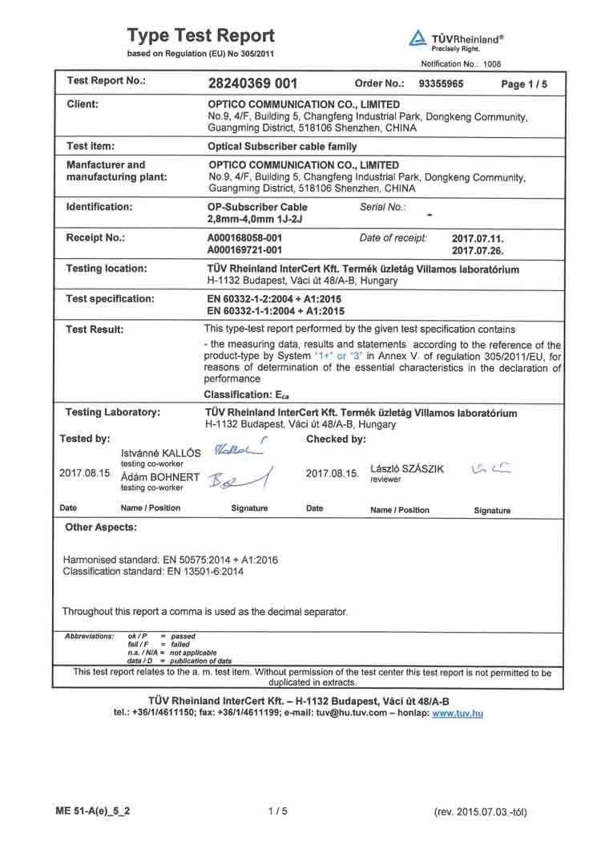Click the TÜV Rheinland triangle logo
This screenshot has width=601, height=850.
417,38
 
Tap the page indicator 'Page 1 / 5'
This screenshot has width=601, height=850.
524,83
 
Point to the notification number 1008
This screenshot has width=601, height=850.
498,63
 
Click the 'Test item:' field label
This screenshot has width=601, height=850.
91,147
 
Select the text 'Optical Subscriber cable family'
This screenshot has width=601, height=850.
282,148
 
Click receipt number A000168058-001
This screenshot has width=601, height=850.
244,238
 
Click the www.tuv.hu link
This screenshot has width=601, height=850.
458,713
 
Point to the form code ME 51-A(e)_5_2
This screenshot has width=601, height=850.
94,811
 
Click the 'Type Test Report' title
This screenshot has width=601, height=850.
201,36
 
